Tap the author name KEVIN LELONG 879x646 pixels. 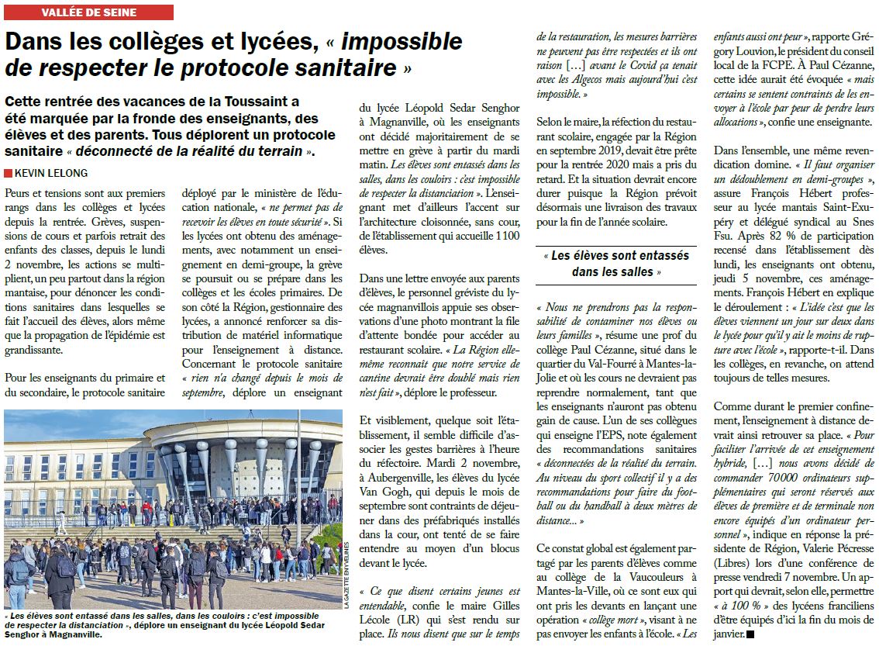click(x=51, y=173)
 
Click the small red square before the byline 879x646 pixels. click(x=8, y=173)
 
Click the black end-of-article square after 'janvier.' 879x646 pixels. click(x=750, y=634)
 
